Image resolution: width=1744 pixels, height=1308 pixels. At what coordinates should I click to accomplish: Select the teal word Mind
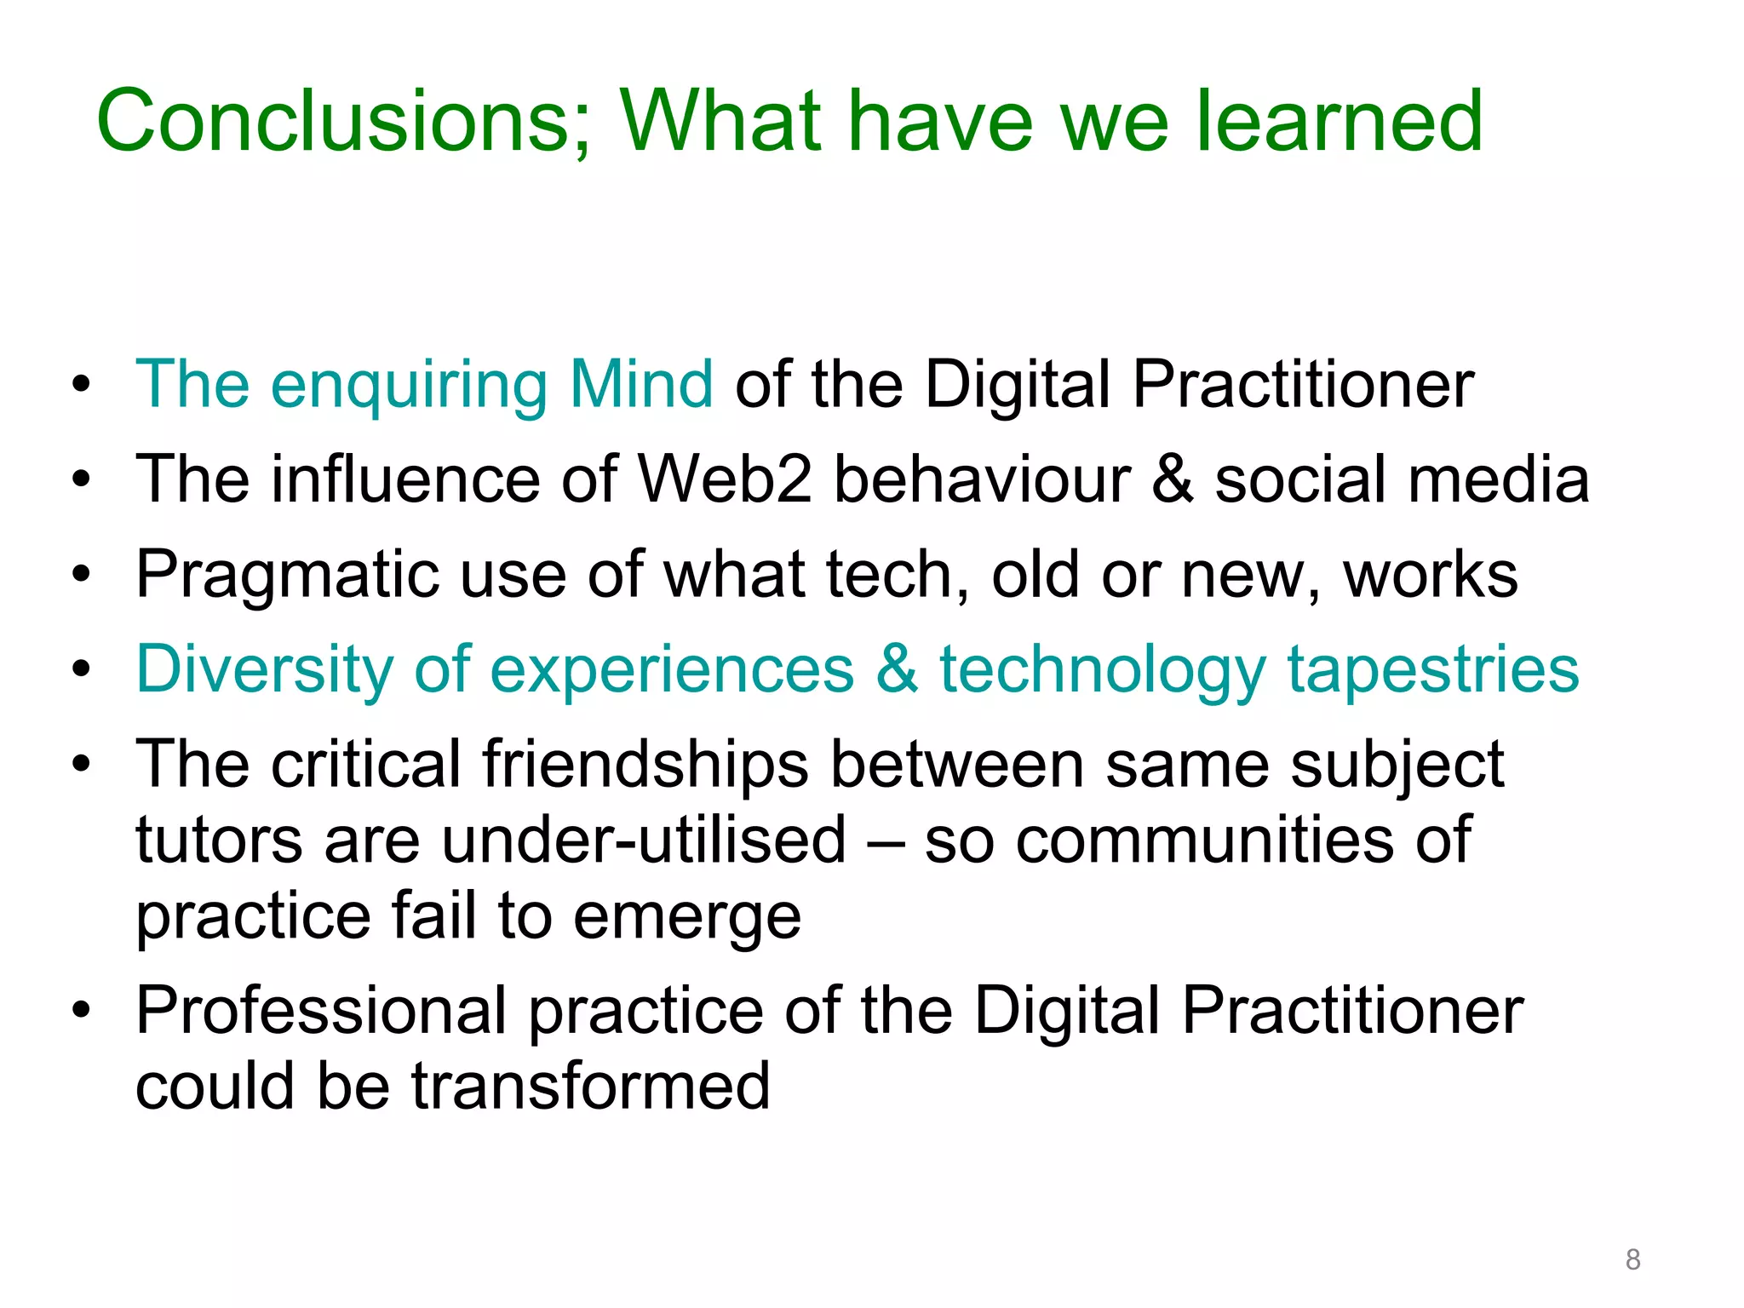(x=641, y=385)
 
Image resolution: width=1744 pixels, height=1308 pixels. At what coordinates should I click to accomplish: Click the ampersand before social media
(x=1173, y=479)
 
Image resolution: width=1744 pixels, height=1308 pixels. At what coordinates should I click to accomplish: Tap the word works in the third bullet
(x=1431, y=575)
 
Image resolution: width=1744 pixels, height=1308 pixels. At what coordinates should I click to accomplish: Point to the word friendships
(x=645, y=765)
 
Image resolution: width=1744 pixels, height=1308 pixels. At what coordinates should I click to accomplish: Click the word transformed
(x=591, y=1087)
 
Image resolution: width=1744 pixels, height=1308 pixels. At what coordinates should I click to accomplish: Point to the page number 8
(x=1632, y=1259)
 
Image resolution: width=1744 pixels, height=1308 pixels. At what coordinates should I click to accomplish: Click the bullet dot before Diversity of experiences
(x=82, y=670)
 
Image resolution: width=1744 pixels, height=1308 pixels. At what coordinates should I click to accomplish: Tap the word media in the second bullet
(x=1499, y=479)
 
